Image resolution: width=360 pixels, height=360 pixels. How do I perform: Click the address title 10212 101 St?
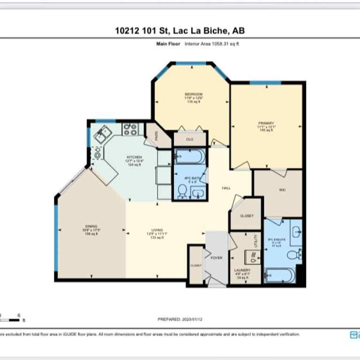[x=180, y=31]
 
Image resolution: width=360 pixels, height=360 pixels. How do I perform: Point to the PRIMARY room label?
[x=265, y=123]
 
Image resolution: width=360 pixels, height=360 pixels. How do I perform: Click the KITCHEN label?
[x=134, y=157]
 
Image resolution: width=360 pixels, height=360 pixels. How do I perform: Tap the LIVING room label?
[x=157, y=230]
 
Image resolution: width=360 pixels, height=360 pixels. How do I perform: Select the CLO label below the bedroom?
[x=189, y=139]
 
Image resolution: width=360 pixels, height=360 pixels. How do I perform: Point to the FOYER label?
[x=216, y=258]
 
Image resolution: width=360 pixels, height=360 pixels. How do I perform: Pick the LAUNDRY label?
[x=242, y=270]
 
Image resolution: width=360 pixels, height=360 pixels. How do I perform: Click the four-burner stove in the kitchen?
[x=129, y=129]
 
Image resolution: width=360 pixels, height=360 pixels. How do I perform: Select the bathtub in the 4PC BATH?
[x=189, y=157]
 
